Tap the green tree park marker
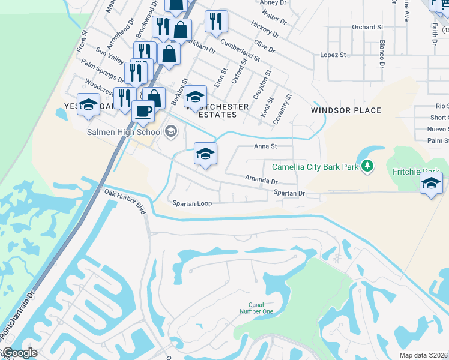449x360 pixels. [366, 166]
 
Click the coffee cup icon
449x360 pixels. [143, 111]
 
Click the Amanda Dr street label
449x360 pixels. [261, 179]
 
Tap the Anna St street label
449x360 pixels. [265, 146]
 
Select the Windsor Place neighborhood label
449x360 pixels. [346, 110]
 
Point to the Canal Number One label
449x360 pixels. [261, 308]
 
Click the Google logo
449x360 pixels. [19, 353]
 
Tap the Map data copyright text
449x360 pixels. [424, 355]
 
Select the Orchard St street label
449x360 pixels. [367, 27]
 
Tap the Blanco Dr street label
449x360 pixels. [381, 53]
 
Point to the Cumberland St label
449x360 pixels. [240, 50]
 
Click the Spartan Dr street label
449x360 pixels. [289, 193]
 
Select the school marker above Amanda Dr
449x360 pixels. [205, 154]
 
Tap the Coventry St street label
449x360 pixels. [282, 109]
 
